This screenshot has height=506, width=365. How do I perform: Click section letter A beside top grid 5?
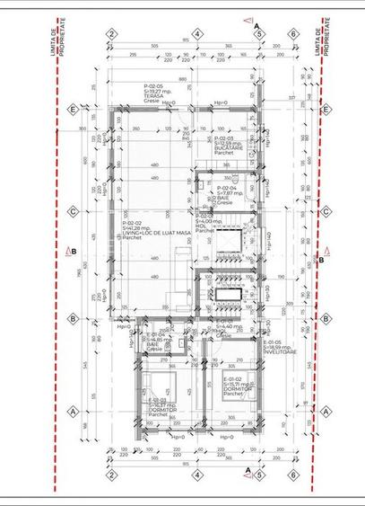coord(256,25)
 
